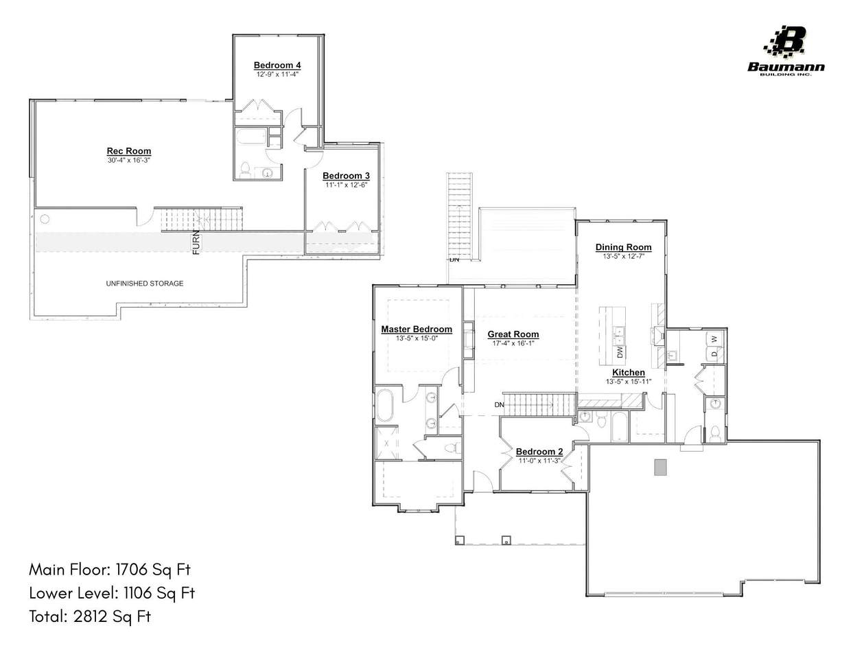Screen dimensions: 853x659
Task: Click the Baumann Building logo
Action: (786, 51)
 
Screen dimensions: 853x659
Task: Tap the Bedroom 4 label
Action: (277, 65)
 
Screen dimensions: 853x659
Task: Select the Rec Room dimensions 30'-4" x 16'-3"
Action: (129, 160)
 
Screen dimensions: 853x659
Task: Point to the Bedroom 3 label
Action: (346, 176)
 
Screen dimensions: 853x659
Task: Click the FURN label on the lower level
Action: (196, 242)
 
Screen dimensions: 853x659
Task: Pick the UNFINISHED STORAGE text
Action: (145, 284)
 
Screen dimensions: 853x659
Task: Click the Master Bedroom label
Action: (417, 329)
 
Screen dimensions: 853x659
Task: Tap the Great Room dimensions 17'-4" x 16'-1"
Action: (513, 343)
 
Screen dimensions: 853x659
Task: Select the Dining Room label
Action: (623, 247)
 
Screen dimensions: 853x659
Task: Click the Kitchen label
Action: (629, 373)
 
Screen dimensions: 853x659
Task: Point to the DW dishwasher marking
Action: (620, 352)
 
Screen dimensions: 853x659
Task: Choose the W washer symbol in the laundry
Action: (714, 339)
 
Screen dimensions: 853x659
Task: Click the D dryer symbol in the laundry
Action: (714, 354)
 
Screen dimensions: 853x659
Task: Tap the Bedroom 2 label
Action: (539, 452)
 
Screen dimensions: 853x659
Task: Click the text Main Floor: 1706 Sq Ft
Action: (110, 570)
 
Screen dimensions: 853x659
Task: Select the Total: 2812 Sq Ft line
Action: (90, 616)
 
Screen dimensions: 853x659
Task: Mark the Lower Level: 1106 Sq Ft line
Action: (112, 593)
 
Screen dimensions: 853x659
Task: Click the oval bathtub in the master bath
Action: (385, 406)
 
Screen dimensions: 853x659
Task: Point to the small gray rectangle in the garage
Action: (660, 467)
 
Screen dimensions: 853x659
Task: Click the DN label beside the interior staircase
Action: (500, 404)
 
